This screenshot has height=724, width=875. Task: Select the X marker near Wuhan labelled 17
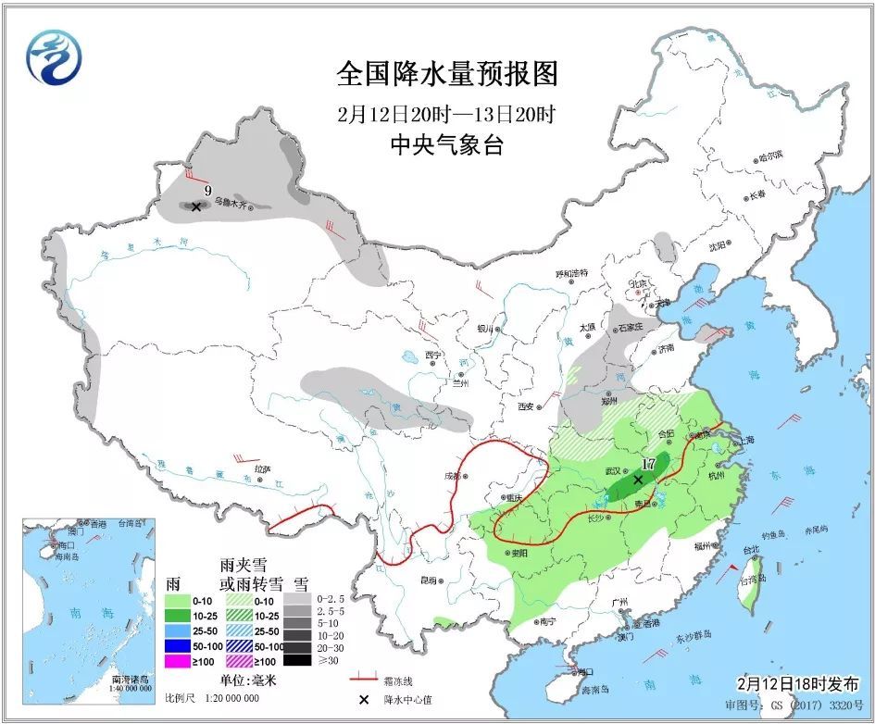[638, 480]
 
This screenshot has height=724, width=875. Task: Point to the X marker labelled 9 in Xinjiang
[195, 207]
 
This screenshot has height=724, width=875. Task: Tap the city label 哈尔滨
[770, 155]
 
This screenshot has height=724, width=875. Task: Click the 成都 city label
[451, 476]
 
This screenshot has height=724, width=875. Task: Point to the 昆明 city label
[428, 580]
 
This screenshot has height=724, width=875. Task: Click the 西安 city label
[529, 406]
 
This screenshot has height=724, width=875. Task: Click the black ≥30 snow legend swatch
[297, 660]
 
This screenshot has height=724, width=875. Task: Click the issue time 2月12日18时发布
[797, 683]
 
